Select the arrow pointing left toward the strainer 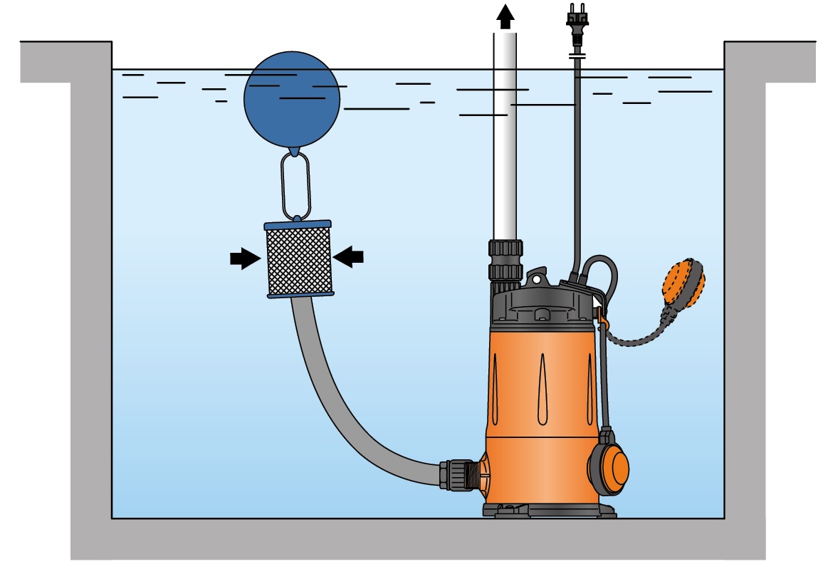tap(349, 257)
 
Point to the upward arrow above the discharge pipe tap(505, 16)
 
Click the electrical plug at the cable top tap(576, 18)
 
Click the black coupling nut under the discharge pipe tap(505, 260)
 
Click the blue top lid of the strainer tap(298, 224)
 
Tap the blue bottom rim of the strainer tap(300, 294)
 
